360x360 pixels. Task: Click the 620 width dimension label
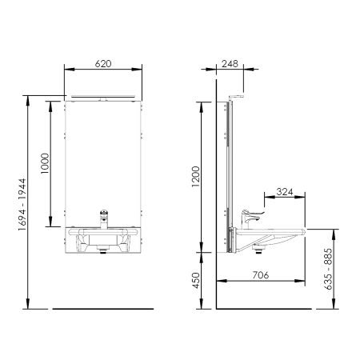[x=103, y=64]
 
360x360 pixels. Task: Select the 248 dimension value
[x=230, y=64]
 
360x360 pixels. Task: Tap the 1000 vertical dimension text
[x=45, y=163]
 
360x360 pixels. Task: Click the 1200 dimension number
[x=196, y=177]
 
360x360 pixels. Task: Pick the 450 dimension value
[x=196, y=280]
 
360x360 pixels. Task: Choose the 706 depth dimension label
[x=261, y=275]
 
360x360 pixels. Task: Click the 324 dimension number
[x=285, y=192]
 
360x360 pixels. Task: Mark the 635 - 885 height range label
[x=329, y=269]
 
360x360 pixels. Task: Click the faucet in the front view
[x=104, y=219]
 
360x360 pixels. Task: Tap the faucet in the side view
[x=250, y=219]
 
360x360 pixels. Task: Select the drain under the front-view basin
[x=103, y=250]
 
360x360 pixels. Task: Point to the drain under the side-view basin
[x=258, y=250]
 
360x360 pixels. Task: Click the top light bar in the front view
[x=103, y=96]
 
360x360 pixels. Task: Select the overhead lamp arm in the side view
[x=235, y=97]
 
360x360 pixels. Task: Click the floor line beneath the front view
[x=103, y=309]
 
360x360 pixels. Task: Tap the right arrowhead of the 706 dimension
[x=301, y=281]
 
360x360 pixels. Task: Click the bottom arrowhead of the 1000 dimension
[x=50, y=222]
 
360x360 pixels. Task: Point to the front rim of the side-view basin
[x=303, y=232]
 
